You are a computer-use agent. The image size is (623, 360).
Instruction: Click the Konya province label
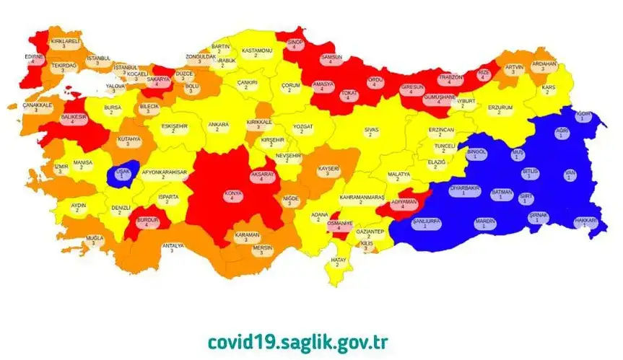tap(232, 193)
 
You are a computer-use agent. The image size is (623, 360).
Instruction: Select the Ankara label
tap(218, 126)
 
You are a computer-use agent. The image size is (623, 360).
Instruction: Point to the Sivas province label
tap(370, 131)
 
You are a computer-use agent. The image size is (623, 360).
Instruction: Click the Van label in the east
tap(570, 175)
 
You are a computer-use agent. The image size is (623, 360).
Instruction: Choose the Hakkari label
tap(585, 221)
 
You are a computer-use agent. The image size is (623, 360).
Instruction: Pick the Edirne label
tap(34, 58)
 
